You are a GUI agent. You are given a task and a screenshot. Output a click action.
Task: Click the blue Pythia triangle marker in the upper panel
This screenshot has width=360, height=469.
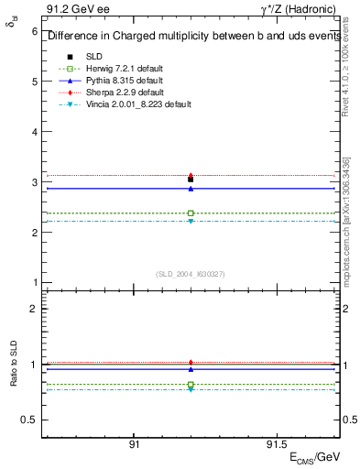[x=191, y=189]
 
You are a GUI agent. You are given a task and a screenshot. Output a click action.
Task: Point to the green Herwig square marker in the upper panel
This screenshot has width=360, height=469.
[x=191, y=213]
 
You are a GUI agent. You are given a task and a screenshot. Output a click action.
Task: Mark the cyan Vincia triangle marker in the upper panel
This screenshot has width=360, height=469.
[x=191, y=222]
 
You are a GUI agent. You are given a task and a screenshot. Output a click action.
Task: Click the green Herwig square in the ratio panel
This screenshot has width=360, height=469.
[x=191, y=385]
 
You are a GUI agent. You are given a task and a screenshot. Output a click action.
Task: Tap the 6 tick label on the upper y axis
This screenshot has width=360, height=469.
[x=33, y=31]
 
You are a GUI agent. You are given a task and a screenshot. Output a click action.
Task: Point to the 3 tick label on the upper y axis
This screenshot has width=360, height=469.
[x=33, y=182]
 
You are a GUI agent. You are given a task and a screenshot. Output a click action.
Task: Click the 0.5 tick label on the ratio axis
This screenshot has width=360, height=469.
[x=28, y=420]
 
